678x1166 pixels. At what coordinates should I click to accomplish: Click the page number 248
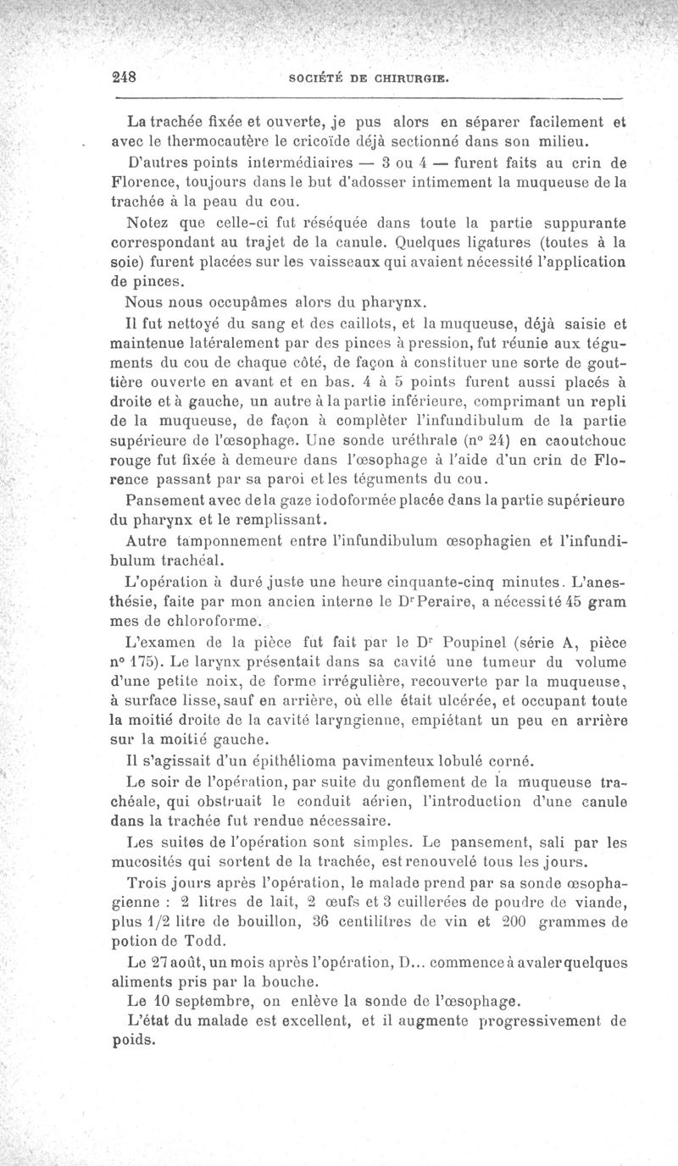coord(124,75)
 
